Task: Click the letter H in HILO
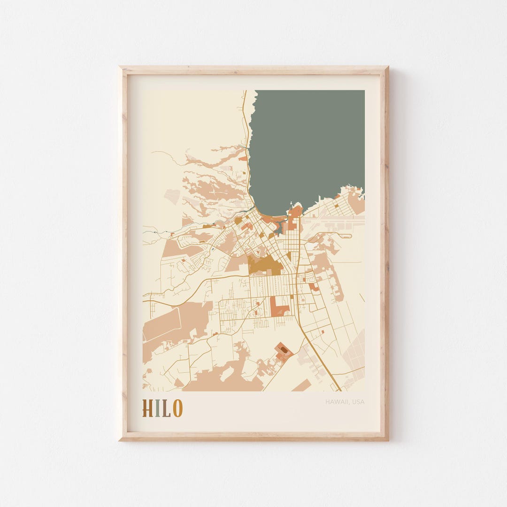tap(148, 408)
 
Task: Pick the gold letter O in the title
tap(177, 408)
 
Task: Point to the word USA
tap(358, 402)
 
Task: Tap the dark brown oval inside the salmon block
tap(284, 349)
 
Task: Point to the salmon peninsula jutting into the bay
tap(296, 211)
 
